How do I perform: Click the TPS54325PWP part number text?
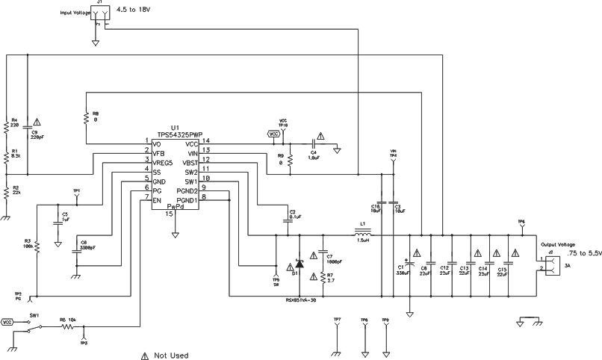(178, 135)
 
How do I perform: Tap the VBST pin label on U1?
(191, 161)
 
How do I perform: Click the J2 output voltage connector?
(550, 264)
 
